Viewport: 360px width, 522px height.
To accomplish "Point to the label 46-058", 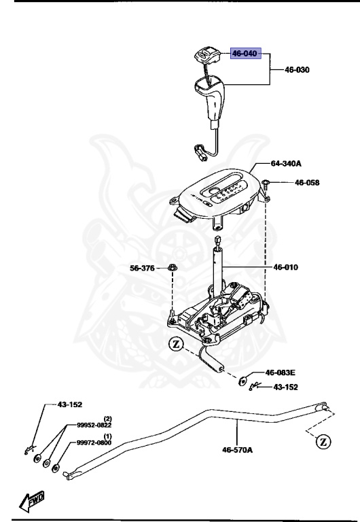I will click(306, 183).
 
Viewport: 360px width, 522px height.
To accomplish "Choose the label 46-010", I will click(286, 268).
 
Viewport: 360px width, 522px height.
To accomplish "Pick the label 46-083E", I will click(281, 372).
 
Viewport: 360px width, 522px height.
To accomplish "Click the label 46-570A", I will click(238, 449).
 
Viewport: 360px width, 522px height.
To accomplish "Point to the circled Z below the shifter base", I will click(176, 345).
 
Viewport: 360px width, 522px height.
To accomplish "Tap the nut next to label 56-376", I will click(173, 268).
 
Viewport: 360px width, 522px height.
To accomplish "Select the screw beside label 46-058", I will click(268, 183).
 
